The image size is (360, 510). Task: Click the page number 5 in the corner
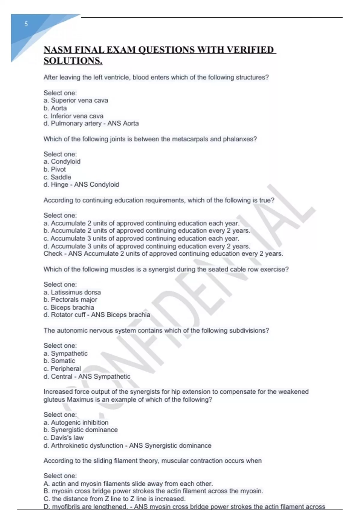(26, 24)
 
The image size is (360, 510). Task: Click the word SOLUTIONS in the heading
(73, 61)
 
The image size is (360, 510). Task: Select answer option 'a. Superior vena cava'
(76, 100)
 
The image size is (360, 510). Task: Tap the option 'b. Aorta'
(55, 108)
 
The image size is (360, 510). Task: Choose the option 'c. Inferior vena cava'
(73, 116)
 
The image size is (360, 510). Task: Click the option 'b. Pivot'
(55, 169)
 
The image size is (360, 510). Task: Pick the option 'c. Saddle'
(57, 177)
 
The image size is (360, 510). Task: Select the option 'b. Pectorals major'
(70, 300)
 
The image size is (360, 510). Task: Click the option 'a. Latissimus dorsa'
(72, 292)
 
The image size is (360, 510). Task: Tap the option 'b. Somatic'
(59, 361)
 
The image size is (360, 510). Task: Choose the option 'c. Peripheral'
(62, 369)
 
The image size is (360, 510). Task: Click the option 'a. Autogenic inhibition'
(76, 422)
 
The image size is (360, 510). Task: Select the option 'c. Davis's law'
(64, 438)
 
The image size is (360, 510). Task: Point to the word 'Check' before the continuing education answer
(53, 254)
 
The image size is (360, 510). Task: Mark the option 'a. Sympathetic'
(66, 353)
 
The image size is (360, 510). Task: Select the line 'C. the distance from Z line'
(115, 499)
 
